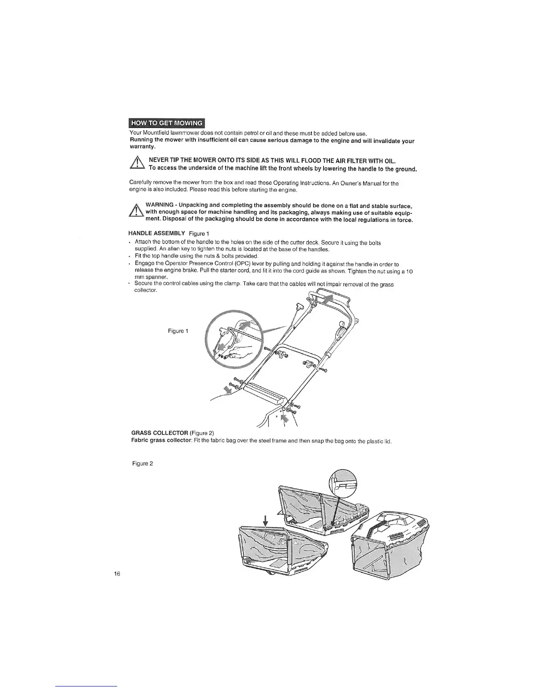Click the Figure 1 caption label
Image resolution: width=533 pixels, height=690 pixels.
pyautogui.click(x=178, y=331)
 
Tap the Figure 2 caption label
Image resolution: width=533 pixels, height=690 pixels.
pyautogui.click(x=142, y=463)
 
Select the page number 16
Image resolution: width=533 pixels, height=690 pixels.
pyautogui.click(x=117, y=573)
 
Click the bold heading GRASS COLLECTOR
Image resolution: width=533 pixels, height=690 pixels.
pyautogui.click(x=159, y=433)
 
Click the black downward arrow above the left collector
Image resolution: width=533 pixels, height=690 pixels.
pyautogui.click(x=265, y=519)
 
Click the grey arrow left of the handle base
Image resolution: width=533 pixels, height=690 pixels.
pyautogui.click(x=228, y=389)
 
